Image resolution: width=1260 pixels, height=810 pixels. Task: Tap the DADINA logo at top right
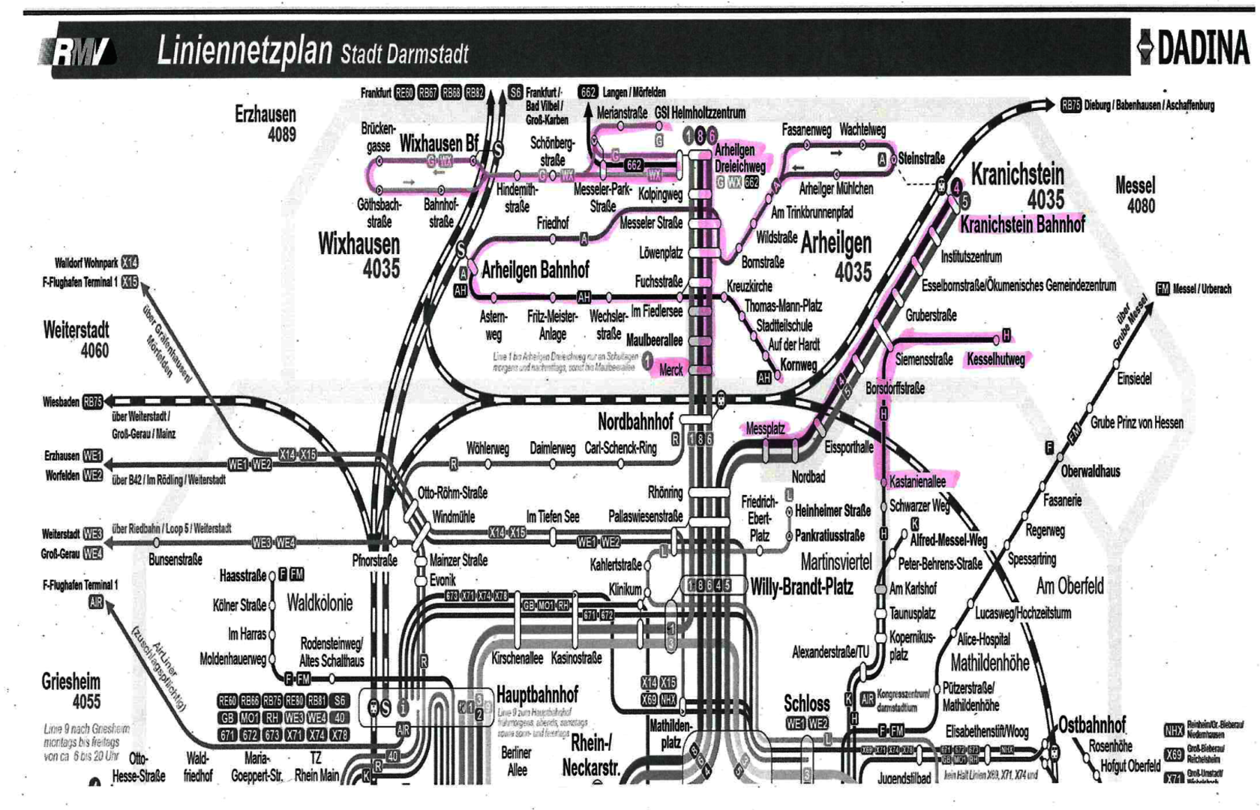pos(1194,48)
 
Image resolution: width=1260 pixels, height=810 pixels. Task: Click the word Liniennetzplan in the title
pos(244,51)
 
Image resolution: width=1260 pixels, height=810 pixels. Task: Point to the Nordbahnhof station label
pos(635,421)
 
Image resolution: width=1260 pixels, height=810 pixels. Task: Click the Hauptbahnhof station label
pos(537,694)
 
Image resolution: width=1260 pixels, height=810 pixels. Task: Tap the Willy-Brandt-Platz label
pos(802,587)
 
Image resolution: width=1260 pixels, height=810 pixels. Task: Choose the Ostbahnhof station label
pos(1091,725)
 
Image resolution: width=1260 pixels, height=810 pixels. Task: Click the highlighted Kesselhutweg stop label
pos(995,360)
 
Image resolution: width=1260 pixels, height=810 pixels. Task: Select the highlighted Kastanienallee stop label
pos(917,482)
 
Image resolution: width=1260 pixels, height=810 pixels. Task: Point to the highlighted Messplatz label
pos(765,429)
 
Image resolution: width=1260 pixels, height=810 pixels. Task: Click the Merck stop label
pos(670,370)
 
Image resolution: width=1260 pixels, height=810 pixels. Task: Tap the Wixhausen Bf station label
pos(439,143)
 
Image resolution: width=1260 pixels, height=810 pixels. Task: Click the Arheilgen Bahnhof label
pos(535,270)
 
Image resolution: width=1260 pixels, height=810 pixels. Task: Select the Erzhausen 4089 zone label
pos(265,124)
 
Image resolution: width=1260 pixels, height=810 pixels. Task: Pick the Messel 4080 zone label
pos(1135,195)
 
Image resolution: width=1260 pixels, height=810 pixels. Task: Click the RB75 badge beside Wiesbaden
pos(92,402)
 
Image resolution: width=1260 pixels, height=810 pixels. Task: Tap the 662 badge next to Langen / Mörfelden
pos(588,92)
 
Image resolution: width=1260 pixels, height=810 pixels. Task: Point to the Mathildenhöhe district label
pos(989,664)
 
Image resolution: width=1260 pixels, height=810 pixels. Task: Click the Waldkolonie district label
pos(319,604)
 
